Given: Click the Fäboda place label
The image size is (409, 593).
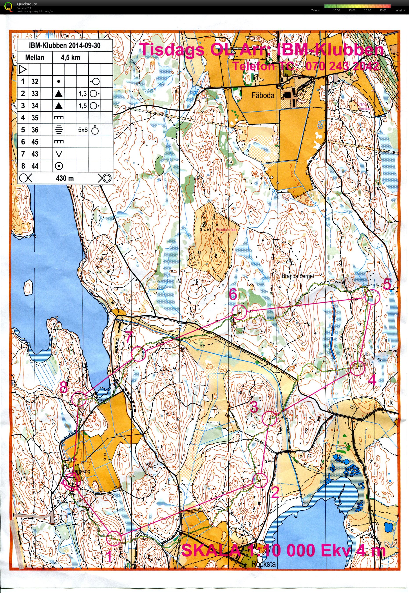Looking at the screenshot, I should tap(263, 95).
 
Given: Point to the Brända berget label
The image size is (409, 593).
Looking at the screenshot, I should tap(297, 276).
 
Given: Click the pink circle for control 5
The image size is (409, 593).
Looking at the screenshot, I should tap(372, 297).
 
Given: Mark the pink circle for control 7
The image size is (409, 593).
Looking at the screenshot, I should tap(138, 354).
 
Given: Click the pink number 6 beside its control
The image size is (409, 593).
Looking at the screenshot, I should tap(233, 294).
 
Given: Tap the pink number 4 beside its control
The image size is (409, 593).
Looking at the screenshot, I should tap(372, 380).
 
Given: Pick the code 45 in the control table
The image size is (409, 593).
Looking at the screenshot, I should tap(35, 142).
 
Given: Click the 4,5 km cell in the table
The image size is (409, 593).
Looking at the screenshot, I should tap(71, 58).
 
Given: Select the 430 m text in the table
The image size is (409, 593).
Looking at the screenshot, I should tap(65, 178).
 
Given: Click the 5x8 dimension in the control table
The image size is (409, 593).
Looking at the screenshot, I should tap(83, 130).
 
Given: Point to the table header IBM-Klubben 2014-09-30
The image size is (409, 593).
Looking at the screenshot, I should tap(65, 46).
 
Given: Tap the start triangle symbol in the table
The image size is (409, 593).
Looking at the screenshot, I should tap(23, 69).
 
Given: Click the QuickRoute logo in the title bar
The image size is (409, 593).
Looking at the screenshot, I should tap(8, 6).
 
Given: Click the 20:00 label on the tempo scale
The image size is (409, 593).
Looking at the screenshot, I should tap(367, 11).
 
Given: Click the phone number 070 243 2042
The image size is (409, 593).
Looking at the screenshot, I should tap(342, 66).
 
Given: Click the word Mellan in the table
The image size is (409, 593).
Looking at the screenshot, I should tap(35, 58).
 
